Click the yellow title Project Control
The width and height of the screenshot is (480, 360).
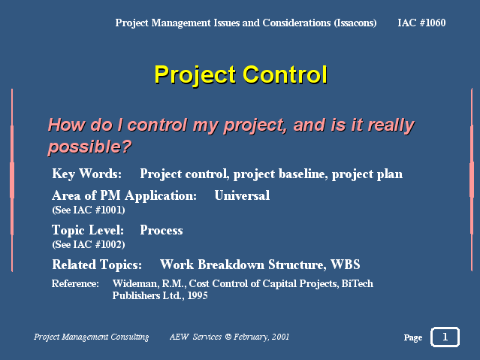241,74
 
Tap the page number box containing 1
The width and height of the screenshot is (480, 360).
445,337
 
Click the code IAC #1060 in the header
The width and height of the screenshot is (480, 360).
421,23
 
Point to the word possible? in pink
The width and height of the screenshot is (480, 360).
89,147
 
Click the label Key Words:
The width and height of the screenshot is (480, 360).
86,174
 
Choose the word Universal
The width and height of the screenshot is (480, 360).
242,195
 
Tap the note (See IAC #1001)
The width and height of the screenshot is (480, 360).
89,210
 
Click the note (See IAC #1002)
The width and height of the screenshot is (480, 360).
89,244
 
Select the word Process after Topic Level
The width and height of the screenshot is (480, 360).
162,230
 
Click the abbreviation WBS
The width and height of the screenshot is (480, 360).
346,265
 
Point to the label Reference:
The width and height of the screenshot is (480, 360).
75,283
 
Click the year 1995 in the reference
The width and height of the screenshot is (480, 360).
198,295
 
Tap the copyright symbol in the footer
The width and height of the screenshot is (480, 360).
228,337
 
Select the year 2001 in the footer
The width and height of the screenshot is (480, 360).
280,337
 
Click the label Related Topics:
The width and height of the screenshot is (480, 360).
97,265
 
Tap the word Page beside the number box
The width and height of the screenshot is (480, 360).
413,337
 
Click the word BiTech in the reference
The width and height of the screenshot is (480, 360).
358,283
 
